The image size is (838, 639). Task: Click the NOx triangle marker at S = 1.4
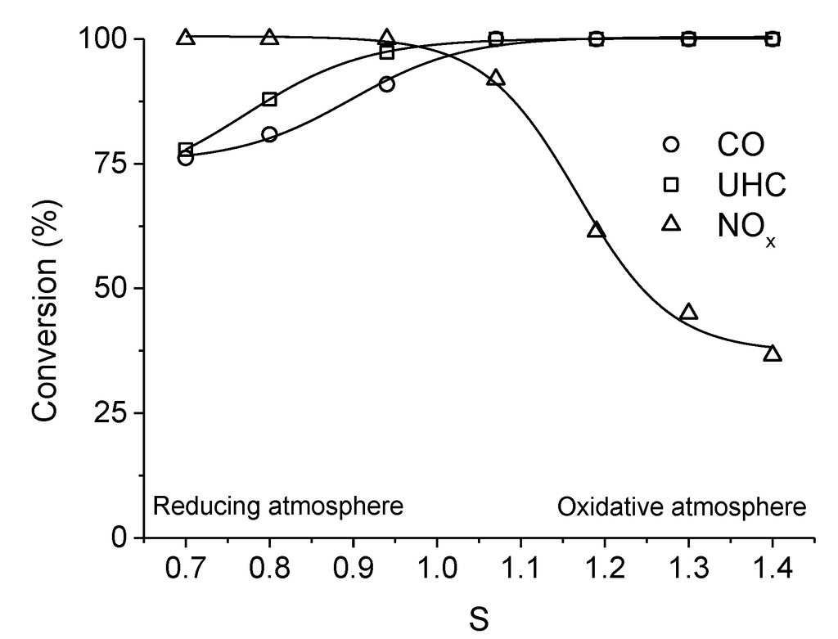773,354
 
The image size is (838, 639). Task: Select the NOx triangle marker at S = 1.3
689,313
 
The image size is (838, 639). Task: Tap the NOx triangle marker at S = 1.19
597,231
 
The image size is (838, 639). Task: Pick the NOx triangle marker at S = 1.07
496,79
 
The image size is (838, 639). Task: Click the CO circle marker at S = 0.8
269,134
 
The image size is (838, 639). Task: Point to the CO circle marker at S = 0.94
387,84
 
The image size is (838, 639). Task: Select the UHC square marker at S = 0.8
269,100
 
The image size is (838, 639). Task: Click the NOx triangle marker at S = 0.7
186,38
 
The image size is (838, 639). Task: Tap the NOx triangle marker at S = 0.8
269,38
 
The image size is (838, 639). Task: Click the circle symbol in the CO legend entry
671,145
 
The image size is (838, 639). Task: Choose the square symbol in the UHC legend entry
671,185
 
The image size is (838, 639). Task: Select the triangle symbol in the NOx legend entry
671,223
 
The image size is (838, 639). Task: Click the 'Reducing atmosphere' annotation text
279,506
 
